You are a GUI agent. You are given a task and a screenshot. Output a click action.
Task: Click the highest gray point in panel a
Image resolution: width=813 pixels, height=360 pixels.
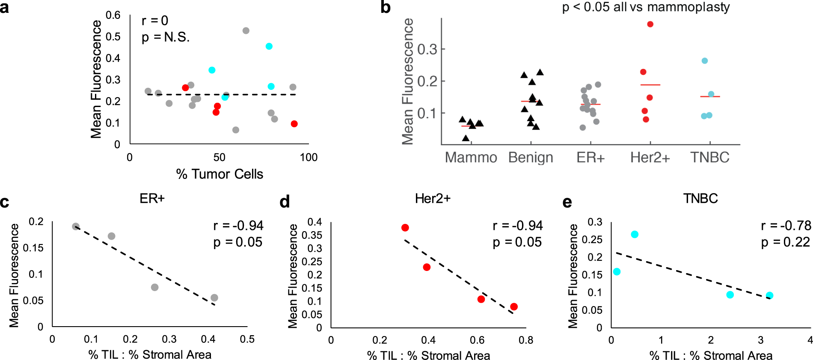[x=246, y=31]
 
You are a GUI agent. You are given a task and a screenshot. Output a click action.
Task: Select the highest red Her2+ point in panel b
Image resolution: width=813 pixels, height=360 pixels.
[x=650, y=24]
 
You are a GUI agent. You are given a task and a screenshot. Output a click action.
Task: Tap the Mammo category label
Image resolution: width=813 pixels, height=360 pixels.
[x=471, y=158]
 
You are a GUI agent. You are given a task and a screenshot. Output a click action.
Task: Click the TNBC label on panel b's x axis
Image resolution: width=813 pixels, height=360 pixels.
[x=709, y=158]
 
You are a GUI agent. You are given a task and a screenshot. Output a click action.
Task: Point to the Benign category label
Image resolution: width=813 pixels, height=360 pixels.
[x=531, y=158]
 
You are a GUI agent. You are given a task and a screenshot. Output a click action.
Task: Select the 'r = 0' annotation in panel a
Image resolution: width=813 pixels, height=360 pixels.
[x=155, y=21]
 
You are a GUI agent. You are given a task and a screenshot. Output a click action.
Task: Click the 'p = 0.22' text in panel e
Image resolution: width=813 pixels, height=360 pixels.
[x=785, y=242]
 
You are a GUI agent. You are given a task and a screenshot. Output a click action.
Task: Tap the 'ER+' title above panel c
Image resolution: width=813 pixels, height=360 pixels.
[x=152, y=199]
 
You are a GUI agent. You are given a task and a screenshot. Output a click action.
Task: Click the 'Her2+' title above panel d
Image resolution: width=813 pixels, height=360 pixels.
[x=433, y=199]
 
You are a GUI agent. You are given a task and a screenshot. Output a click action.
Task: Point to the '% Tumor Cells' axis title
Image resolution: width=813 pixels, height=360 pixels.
[x=220, y=174]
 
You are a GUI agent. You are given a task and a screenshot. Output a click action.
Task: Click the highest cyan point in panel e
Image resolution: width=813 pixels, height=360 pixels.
[x=635, y=235]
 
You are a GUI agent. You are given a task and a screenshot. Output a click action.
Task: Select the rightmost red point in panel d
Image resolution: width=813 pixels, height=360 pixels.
[x=514, y=307]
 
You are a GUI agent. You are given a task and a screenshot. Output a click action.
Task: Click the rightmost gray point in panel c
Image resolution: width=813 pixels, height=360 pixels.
[x=214, y=298]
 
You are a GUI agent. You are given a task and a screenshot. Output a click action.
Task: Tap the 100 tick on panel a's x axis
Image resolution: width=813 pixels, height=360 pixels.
[x=309, y=158]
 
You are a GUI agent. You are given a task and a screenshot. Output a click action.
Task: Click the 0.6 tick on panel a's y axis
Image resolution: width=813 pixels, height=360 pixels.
[x=113, y=15]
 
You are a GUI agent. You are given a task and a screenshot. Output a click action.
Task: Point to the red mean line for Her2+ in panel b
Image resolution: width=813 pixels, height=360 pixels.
[x=650, y=85]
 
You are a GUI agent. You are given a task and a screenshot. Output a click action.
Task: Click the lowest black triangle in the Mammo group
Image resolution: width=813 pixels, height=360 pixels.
[x=466, y=138]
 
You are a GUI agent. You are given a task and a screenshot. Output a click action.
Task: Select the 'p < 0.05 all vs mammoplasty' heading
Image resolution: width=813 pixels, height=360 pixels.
[x=646, y=7]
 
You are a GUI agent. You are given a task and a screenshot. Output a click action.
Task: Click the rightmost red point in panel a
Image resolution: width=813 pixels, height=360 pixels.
[x=294, y=124]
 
